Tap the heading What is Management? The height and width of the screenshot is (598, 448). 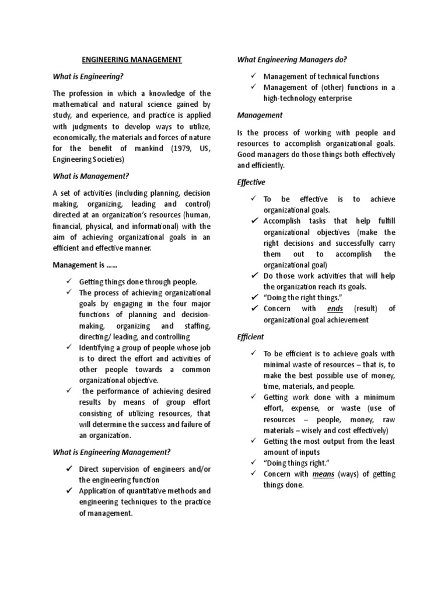click(90, 176)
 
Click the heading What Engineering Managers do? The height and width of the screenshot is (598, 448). click(292, 60)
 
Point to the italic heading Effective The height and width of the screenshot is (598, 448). click(251, 182)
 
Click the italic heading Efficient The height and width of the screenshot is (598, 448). click(250, 337)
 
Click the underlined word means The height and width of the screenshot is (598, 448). click(323, 474)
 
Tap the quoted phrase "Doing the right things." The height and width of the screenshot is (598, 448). click(301, 297)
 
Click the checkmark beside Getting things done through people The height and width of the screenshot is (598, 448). click(68, 281)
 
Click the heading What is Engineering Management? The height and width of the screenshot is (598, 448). click(111, 451)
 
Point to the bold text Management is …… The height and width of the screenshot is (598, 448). click(85, 265)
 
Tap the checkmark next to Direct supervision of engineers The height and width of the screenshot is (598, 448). click(68, 468)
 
